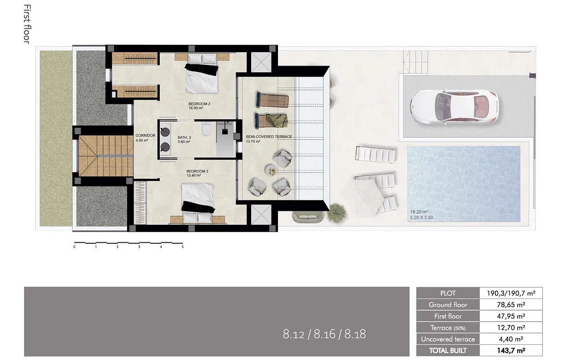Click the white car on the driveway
coord(453,106)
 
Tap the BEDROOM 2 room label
coord(199,104)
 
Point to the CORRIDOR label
coord(145,136)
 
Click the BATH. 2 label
coord(184,138)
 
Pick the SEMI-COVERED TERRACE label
coord(269,137)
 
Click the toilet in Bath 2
coord(206,130)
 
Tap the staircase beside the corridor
coord(100,156)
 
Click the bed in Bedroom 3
coord(198,202)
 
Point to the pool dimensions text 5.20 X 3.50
coord(422,218)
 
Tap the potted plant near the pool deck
coord(337,213)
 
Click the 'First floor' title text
coord(27,24)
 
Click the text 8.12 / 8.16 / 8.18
coord(324,334)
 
